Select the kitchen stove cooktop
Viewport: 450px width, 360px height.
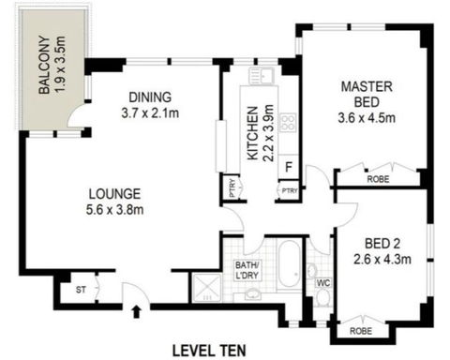pos(289,122)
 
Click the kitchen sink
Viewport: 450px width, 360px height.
pos(259,75)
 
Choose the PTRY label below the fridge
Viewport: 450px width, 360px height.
pos(286,191)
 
